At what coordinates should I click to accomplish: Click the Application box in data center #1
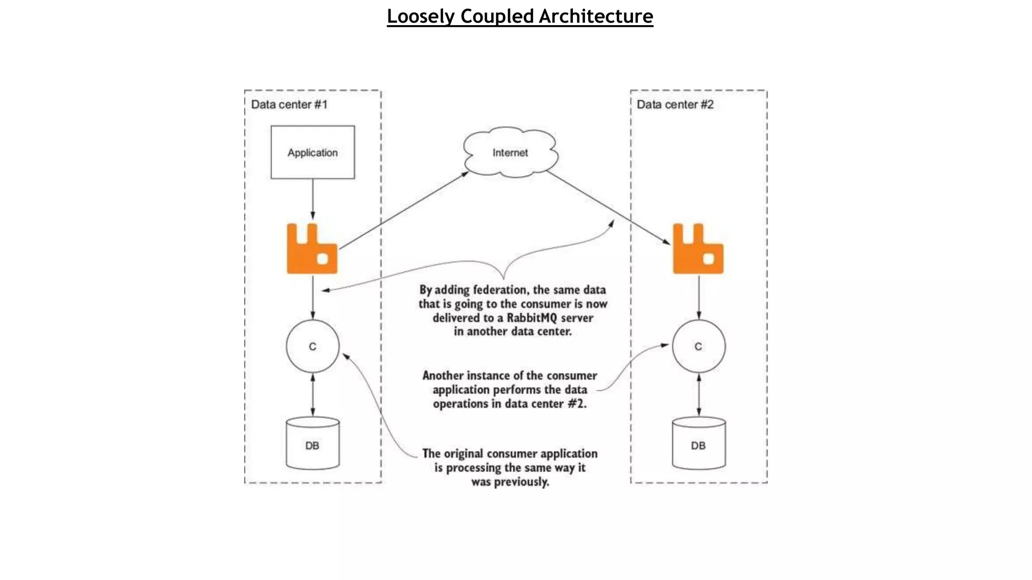pyautogui.click(x=312, y=152)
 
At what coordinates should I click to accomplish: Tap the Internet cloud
pyautogui.click(x=510, y=152)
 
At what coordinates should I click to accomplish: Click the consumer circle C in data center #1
pyautogui.click(x=312, y=346)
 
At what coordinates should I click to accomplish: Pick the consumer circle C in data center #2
pyautogui.click(x=698, y=346)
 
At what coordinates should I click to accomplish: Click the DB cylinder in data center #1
pyautogui.click(x=312, y=444)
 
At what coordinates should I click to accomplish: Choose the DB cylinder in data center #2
pyautogui.click(x=698, y=444)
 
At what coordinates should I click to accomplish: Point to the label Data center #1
pyautogui.click(x=289, y=105)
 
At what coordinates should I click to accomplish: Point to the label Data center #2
pyautogui.click(x=675, y=105)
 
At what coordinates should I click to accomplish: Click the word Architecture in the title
pyautogui.click(x=596, y=16)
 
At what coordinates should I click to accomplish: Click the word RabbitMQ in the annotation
pyautogui.click(x=532, y=318)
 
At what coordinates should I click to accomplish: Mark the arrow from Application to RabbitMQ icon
pyautogui.click(x=312, y=199)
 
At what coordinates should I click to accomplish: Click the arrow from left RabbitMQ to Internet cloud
pyautogui.click(x=403, y=210)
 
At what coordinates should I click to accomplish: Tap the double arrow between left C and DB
pyautogui.click(x=312, y=395)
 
